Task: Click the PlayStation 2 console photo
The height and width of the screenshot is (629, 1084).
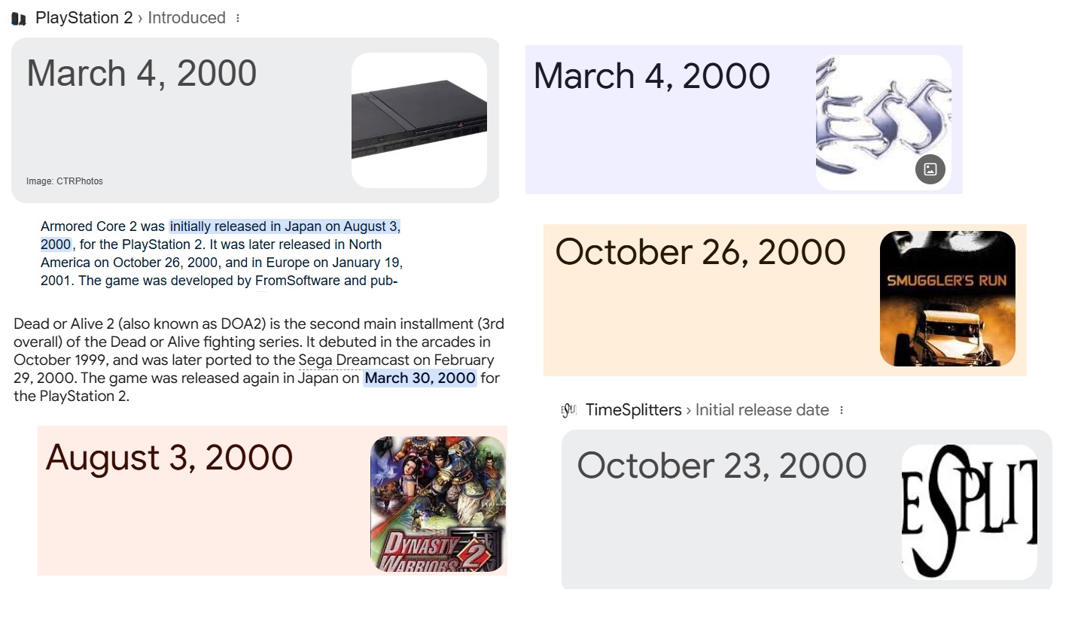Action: coord(419,120)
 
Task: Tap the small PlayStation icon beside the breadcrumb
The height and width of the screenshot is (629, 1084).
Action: coord(18,19)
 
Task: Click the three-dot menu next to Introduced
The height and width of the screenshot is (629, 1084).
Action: coord(238,18)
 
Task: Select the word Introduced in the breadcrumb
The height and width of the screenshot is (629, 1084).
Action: coord(187,18)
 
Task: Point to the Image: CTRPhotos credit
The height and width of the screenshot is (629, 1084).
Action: coord(65,181)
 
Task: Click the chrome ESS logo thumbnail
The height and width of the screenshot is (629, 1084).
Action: coord(884,122)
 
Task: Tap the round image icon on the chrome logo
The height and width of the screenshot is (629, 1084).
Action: coord(930,169)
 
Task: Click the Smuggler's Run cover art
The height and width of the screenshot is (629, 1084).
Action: coord(948,299)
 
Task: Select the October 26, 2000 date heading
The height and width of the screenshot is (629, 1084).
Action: coord(700,252)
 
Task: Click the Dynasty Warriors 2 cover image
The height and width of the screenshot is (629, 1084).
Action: coord(438,503)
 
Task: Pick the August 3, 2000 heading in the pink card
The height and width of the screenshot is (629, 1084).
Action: coord(169,457)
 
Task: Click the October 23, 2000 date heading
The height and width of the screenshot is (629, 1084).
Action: coord(721,466)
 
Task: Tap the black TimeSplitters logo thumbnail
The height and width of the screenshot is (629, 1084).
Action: coord(970,512)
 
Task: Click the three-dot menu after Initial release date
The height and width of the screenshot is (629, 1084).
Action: coord(842,410)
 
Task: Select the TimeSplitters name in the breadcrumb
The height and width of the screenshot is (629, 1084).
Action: coord(634,410)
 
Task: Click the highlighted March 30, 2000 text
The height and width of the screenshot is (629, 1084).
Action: coord(420,378)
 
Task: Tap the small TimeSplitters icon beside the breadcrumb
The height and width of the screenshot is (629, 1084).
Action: coord(568,410)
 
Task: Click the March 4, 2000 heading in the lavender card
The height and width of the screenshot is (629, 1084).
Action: coord(651,76)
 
